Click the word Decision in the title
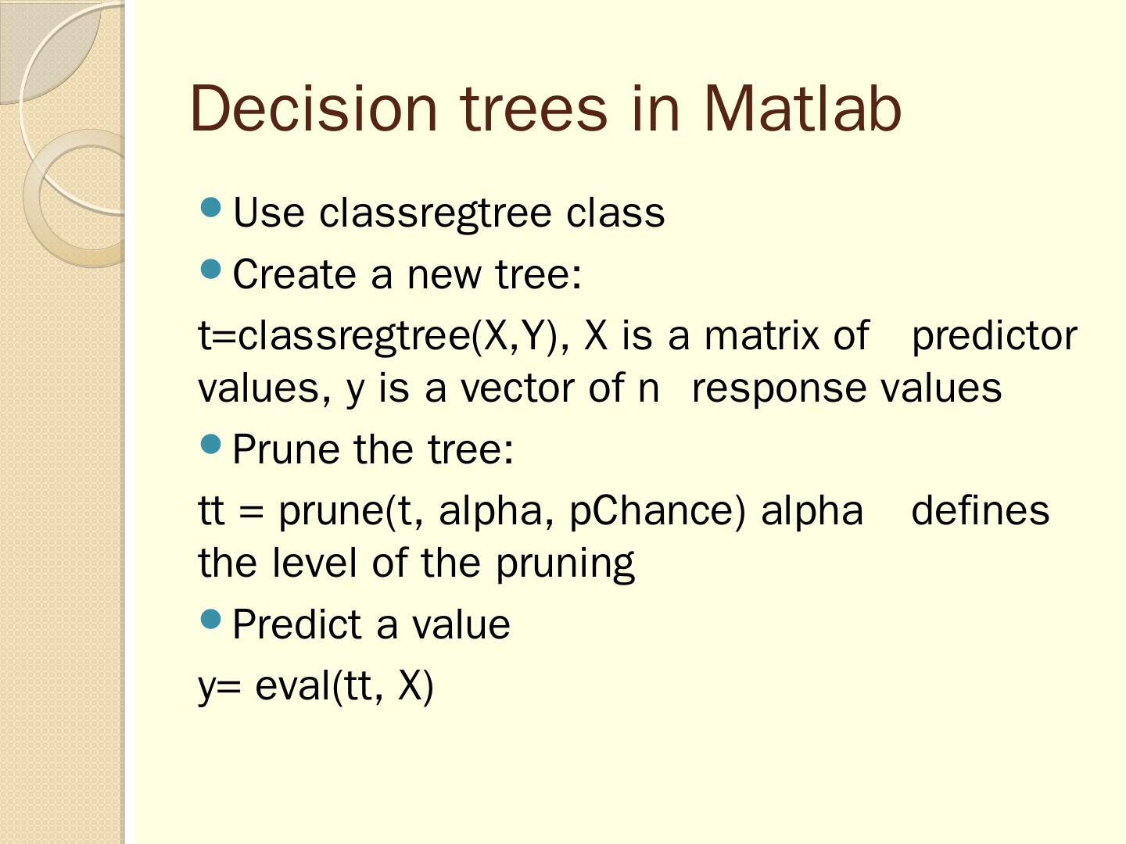click(x=314, y=109)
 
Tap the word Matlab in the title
click(x=802, y=109)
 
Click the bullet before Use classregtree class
click(x=211, y=208)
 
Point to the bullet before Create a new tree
click(x=211, y=269)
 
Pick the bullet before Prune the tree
click(x=211, y=444)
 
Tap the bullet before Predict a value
click(x=211, y=618)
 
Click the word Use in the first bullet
click(x=268, y=212)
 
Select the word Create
click(x=295, y=274)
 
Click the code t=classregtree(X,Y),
click(x=384, y=337)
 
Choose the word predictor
click(x=995, y=337)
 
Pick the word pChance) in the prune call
click(x=657, y=511)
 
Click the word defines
click(x=981, y=510)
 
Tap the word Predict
click(x=297, y=624)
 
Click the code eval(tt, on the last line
click(x=319, y=687)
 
